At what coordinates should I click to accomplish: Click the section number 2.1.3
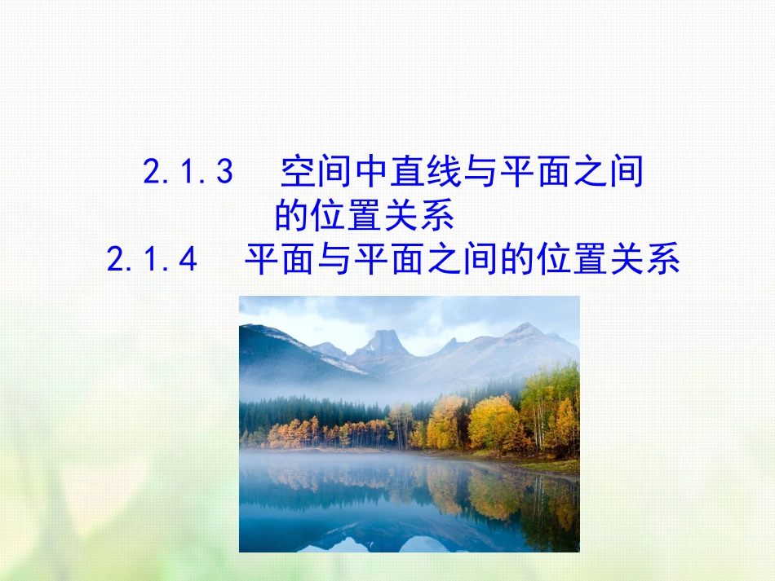coord(188,172)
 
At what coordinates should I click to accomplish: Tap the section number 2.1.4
coord(153,261)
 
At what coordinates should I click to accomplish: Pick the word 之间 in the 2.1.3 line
coord(608,172)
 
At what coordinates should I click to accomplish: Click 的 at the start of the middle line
coord(290,217)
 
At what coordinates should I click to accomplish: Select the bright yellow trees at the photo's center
coord(445,420)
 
